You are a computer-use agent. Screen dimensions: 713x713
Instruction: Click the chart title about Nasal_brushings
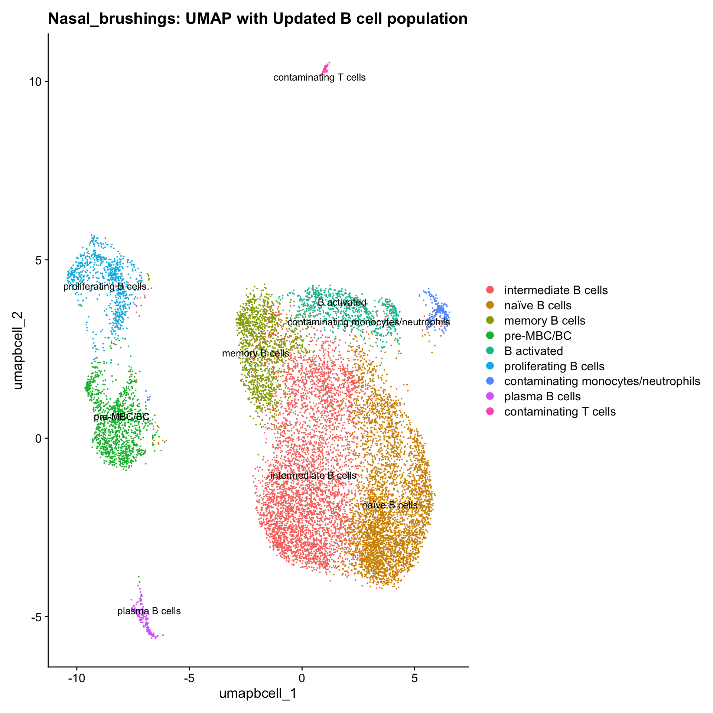[258, 19]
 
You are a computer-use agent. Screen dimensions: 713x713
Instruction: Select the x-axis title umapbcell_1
[258, 693]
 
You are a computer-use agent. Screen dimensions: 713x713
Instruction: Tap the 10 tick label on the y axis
[36, 82]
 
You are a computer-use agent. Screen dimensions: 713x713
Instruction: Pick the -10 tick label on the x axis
[76, 678]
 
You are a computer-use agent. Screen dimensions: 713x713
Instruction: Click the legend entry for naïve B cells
[537, 305]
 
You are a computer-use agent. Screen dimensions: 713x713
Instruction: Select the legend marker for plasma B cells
[490, 396]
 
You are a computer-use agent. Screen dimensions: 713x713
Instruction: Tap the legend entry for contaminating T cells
[560, 411]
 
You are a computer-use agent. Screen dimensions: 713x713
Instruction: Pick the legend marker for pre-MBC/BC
[490, 336]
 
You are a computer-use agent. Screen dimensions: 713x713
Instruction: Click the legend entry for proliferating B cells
[554, 366]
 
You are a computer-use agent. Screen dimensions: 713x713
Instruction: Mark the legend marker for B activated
[490, 351]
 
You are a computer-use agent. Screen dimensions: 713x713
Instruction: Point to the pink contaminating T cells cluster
[325, 68]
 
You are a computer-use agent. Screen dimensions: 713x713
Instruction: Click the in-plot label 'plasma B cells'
[149, 611]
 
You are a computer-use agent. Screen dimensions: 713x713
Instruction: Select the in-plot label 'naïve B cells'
[390, 505]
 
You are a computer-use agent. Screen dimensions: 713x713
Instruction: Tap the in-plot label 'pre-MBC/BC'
[121, 417]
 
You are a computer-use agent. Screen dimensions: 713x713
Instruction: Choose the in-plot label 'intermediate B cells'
[313, 475]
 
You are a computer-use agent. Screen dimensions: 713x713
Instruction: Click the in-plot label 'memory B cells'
[255, 353]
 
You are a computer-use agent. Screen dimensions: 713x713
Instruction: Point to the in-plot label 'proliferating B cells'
[105, 286]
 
